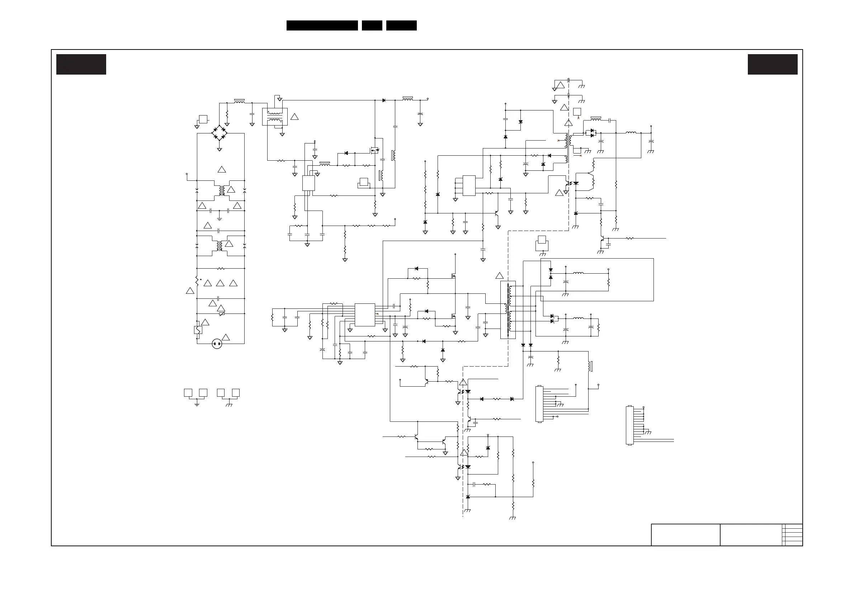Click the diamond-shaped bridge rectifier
point(220,133)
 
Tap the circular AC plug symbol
point(217,344)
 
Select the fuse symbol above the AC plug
point(198,330)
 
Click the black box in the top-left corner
point(81,64)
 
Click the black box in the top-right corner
point(773,64)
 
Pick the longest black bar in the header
point(322,25)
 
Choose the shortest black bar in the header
point(372,25)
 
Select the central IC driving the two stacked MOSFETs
point(364,315)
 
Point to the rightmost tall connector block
point(630,425)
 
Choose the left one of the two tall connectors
point(539,404)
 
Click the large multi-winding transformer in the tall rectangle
point(508,310)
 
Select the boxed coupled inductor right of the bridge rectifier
point(275,117)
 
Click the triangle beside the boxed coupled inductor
point(294,117)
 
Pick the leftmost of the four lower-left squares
point(188,393)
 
